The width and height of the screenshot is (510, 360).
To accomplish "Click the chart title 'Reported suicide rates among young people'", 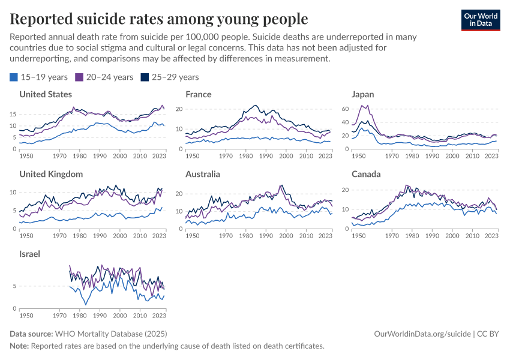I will [x=159, y=19].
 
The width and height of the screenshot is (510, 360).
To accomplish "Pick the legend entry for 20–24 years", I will [x=104, y=77].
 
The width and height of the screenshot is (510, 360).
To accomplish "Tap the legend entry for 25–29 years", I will [x=169, y=77].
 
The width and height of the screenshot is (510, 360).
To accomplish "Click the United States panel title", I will [x=46, y=94].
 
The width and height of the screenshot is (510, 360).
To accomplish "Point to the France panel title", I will [x=198, y=94].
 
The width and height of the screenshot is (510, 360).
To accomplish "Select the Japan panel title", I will [x=363, y=94].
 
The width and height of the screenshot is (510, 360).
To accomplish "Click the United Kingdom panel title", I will [x=51, y=174].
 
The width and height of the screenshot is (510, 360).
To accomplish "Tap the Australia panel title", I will [x=202, y=174].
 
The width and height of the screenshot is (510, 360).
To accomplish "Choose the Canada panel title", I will [x=365, y=174].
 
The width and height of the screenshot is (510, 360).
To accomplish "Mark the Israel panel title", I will [x=29, y=254].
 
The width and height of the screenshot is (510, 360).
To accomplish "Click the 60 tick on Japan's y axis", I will [x=344, y=109].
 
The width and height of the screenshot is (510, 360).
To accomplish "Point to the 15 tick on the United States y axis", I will [x=13, y=113].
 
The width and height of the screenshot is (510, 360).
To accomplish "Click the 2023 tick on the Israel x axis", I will [x=158, y=315].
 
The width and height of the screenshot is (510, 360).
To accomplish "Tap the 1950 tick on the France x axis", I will [x=192, y=155].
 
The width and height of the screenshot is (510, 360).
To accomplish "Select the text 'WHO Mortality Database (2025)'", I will [x=110, y=333].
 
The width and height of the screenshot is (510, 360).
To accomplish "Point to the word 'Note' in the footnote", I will [x=19, y=346].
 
